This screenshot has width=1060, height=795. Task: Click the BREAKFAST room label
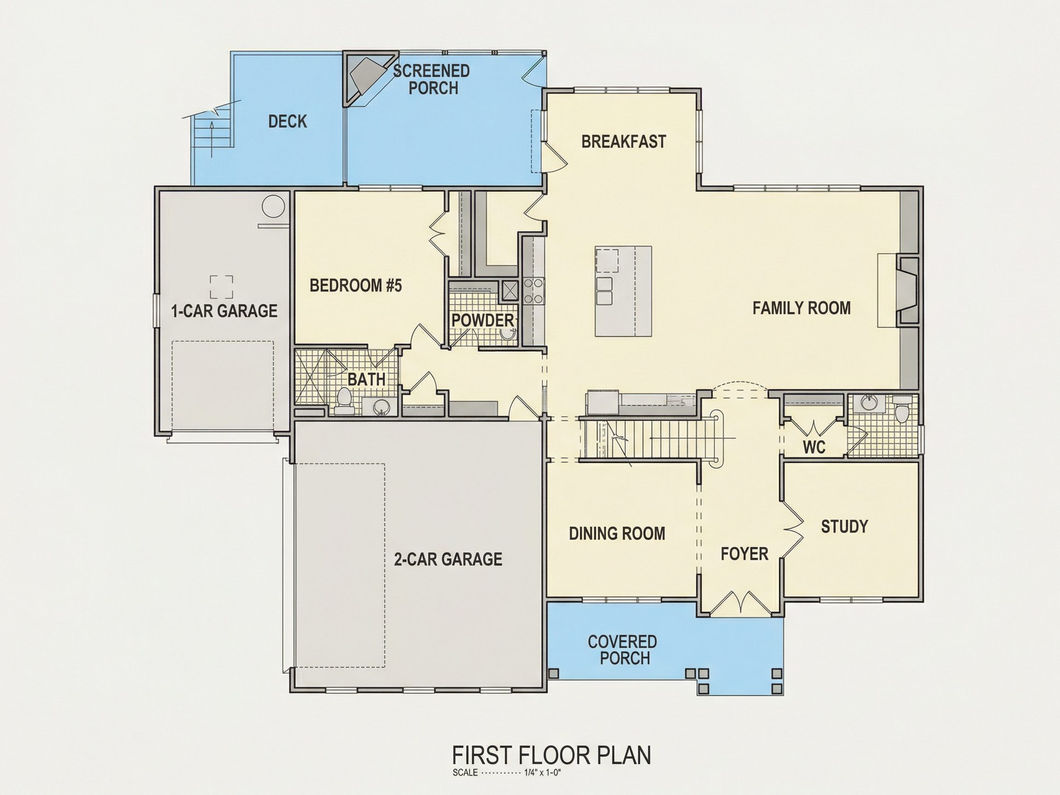tap(623, 142)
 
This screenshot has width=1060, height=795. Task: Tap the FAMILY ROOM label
tap(801, 308)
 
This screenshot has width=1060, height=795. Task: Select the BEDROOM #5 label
tap(356, 286)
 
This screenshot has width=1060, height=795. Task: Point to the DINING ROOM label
tap(617, 534)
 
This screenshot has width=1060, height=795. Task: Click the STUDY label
tap(844, 527)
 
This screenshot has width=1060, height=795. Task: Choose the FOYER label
tap(744, 554)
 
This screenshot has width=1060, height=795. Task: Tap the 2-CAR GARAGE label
tap(448, 559)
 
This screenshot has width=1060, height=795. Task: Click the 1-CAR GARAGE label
tap(224, 311)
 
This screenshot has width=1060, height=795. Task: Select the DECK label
tap(288, 122)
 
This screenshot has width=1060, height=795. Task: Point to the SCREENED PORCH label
tap(431, 80)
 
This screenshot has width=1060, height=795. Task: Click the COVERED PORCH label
tap(622, 650)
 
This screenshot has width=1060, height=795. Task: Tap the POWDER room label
tap(483, 321)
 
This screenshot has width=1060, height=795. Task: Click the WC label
tap(814, 447)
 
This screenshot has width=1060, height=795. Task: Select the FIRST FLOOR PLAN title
tap(552, 755)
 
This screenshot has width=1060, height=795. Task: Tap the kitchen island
tap(623, 291)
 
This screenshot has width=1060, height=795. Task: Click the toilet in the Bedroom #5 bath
tap(344, 402)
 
